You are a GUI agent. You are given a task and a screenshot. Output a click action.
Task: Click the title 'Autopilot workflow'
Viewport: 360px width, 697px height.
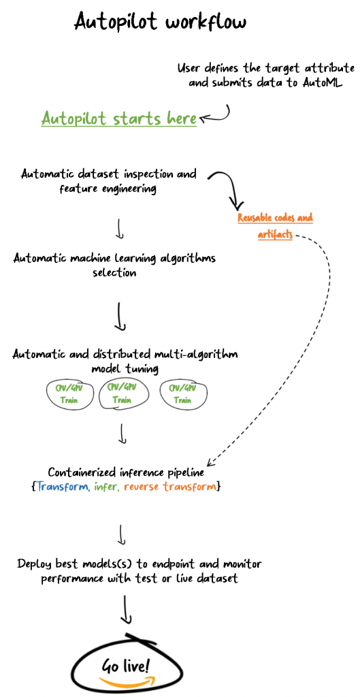point(160,21)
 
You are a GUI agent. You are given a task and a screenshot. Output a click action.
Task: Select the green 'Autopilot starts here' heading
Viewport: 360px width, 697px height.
point(118,118)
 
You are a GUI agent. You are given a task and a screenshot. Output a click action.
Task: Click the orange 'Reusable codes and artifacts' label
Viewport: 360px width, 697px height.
point(275,226)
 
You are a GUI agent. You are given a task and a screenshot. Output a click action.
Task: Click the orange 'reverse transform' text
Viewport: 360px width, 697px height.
point(169,486)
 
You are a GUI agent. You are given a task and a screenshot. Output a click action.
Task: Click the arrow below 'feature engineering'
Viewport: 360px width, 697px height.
point(119,228)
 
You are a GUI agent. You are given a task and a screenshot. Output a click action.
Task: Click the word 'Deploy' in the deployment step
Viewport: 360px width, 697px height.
point(35,565)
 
